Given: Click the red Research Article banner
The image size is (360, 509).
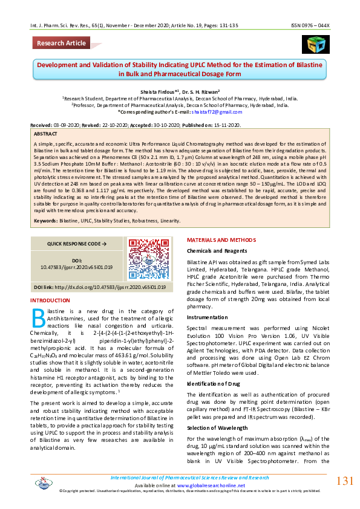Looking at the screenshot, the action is [x=61, y=43].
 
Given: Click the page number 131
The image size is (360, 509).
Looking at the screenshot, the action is [x=344, y=481].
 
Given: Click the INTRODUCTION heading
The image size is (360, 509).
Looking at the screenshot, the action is [x=50, y=300].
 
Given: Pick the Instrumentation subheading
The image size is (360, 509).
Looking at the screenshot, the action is [x=207, y=316].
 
